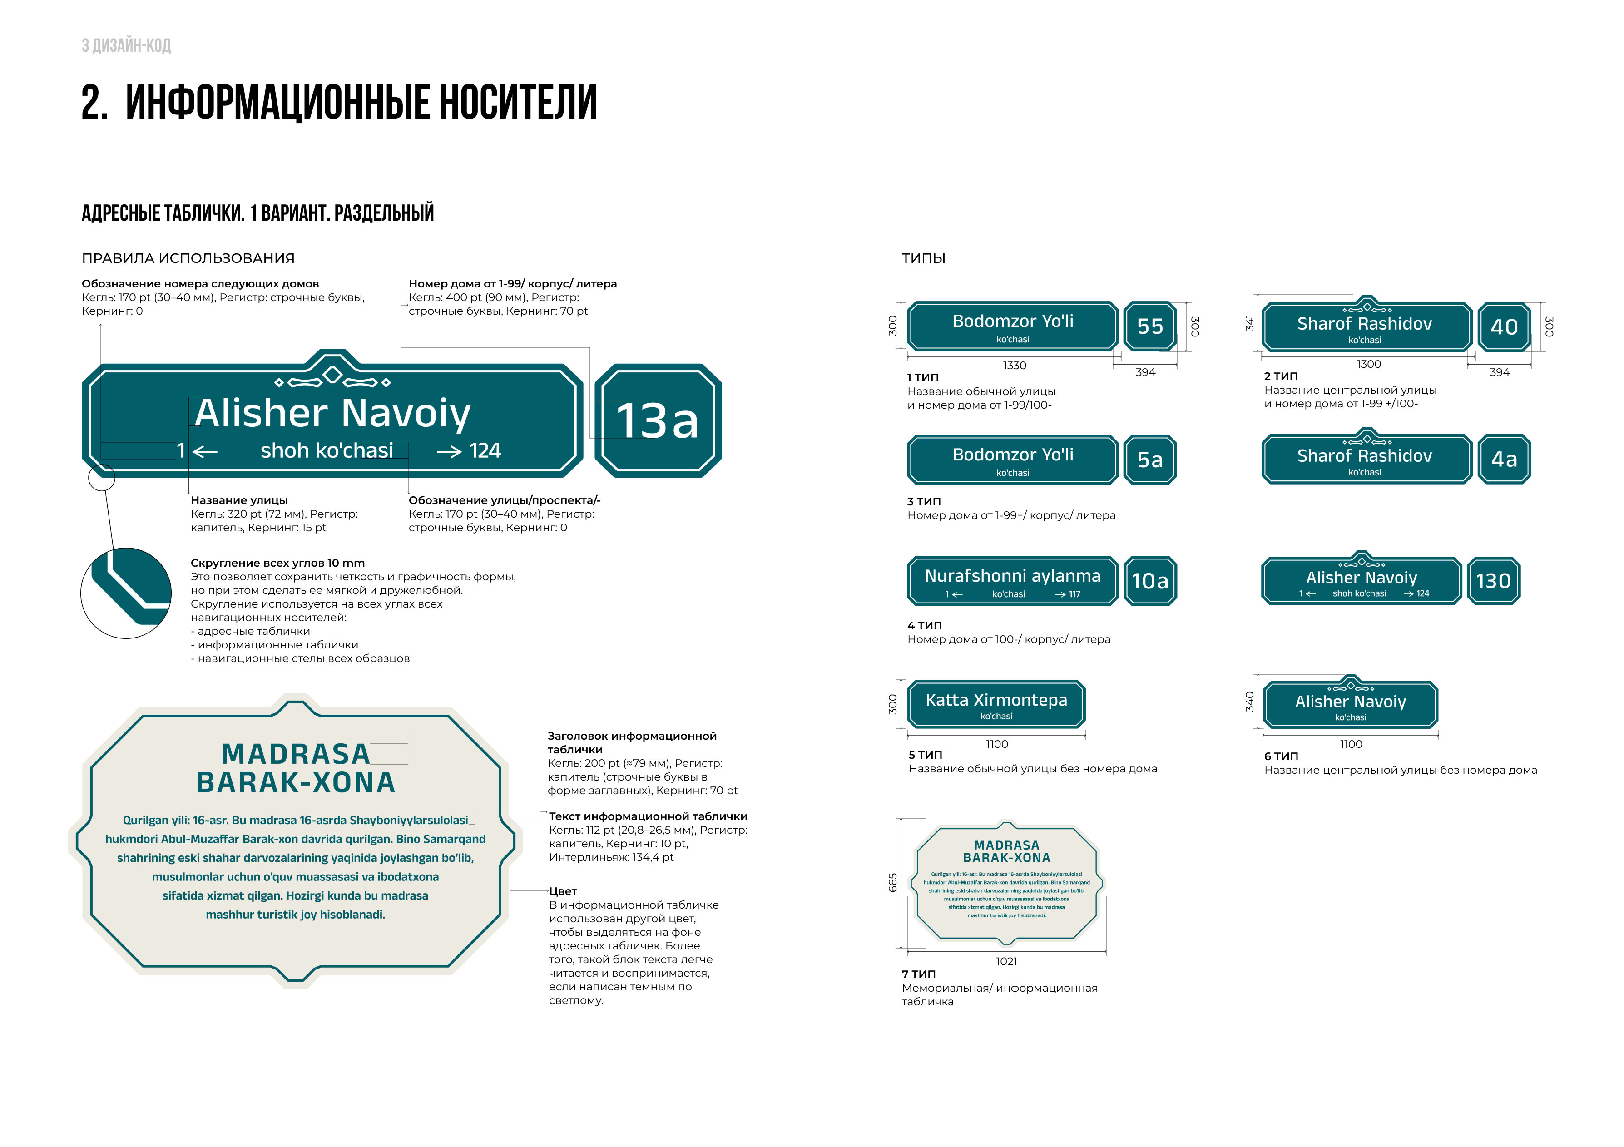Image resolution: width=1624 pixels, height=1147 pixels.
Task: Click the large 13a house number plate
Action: tap(658, 421)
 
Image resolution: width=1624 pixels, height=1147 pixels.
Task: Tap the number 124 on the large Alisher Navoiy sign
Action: tap(485, 450)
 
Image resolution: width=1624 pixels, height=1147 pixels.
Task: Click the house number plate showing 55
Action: tap(1149, 326)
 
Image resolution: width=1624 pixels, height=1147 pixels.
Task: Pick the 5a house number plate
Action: tap(1149, 460)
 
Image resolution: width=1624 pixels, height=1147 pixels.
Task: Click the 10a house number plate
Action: tap(1149, 581)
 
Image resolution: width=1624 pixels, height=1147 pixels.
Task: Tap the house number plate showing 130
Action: tap(1493, 581)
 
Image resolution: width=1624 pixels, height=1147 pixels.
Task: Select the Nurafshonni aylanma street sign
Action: tap(1012, 581)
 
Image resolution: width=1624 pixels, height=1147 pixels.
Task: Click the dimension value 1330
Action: tap(1014, 366)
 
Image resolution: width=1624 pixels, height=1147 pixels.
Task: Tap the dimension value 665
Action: tap(893, 882)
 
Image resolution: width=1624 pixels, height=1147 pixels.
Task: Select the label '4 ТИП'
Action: tap(925, 626)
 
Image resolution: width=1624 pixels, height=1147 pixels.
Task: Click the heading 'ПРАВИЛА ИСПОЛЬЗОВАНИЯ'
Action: tap(188, 258)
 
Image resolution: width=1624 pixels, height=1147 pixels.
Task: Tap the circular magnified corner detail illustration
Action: tap(126, 593)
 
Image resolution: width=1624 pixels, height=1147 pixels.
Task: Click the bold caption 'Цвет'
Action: tap(563, 891)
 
